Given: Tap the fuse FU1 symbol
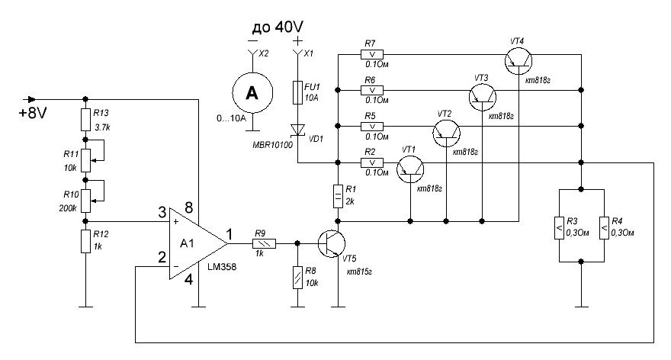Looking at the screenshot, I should pos(297,93).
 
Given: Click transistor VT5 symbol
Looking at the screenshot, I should pos(332,244).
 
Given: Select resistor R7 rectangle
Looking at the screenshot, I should pos(372,55).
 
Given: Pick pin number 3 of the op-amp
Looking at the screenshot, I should pos(161,211).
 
